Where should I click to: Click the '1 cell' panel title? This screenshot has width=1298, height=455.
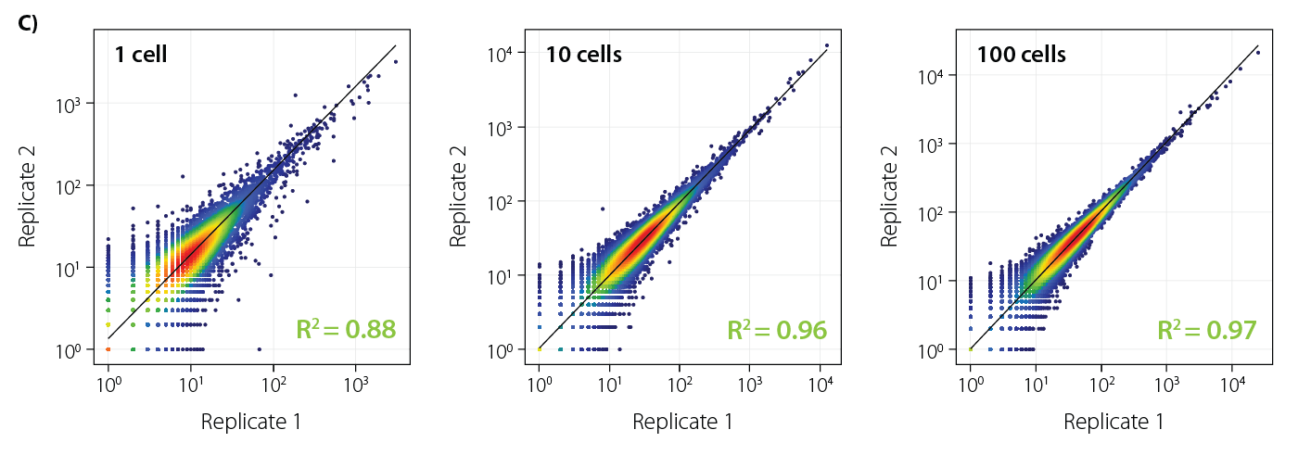click(141, 55)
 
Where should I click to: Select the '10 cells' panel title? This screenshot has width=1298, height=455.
click(583, 55)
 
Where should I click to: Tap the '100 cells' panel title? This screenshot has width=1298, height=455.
click(1021, 55)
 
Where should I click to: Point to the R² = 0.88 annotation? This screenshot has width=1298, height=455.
click(346, 329)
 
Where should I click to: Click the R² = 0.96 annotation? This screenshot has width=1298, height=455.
click(777, 329)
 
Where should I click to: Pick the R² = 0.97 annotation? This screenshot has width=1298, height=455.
click(1207, 329)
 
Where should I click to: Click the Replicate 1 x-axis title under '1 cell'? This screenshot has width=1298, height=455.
click(251, 423)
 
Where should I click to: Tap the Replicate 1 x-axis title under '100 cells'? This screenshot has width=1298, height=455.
click(1113, 423)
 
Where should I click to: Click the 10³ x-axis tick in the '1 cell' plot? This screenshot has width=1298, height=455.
click(356, 381)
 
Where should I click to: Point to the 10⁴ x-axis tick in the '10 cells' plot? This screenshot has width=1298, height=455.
click(821, 381)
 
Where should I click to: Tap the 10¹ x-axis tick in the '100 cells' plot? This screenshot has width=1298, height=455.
click(1037, 381)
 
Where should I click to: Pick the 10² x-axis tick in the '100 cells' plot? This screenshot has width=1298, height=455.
click(1102, 381)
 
